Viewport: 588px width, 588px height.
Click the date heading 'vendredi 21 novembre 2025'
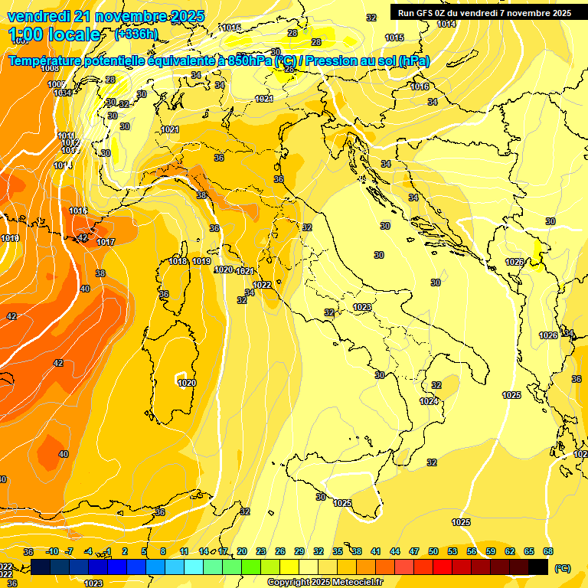tap(106, 16)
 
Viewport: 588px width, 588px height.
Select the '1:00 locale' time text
tap(54, 34)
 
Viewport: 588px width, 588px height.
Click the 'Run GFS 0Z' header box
tap(485, 12)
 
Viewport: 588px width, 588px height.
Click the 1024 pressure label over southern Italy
tap(429, 401)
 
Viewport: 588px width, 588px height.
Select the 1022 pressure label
tap(262, 285)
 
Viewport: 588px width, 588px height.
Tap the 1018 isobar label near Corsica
tap(178, 261)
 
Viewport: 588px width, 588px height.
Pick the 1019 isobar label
tap(201, 261)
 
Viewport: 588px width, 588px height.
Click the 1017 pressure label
tap(106, 242)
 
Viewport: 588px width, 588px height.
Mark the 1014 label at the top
tap(446, 24)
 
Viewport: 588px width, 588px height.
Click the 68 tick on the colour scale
tap(548, 551)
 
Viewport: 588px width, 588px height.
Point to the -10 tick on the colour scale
tap(52, 551)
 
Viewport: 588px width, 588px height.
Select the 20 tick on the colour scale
tap(242, 551)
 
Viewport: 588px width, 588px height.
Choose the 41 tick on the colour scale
tap(376, 551)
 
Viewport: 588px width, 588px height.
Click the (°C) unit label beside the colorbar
tap(563, 568)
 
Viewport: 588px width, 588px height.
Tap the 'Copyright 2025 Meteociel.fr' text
tap(325, 583)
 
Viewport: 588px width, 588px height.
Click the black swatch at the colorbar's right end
tap(539, 567)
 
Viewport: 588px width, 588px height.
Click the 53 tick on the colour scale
tap(452, 551)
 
